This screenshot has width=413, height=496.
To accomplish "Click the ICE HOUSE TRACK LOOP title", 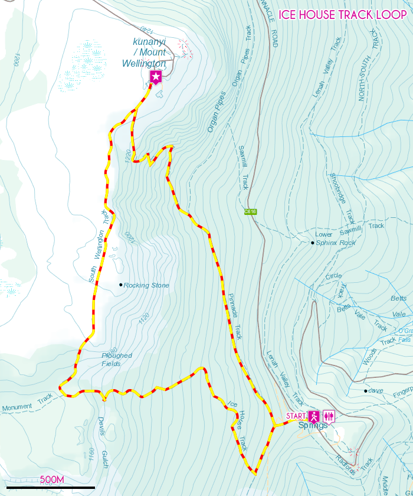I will pos(343,14).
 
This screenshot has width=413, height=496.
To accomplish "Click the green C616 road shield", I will pos(250,211).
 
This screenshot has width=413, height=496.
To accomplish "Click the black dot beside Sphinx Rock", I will pos(313,243).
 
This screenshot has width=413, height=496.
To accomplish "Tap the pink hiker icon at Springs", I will pos(314,416).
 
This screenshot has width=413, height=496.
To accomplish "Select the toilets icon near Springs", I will pos(329,416).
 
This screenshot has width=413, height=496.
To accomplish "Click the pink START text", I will pos(296,416).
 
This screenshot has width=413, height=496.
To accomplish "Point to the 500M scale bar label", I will pos(52,479).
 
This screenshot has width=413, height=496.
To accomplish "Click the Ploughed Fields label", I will pos(116,360).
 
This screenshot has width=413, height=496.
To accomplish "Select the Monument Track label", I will pos(27,403).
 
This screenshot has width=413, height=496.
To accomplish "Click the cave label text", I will pos(376,391).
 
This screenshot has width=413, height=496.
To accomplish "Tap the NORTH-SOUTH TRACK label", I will pos(368,65).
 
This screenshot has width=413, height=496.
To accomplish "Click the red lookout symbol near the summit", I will pos(186,49).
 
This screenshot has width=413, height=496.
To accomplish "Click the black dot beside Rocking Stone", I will pos(121,285).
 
